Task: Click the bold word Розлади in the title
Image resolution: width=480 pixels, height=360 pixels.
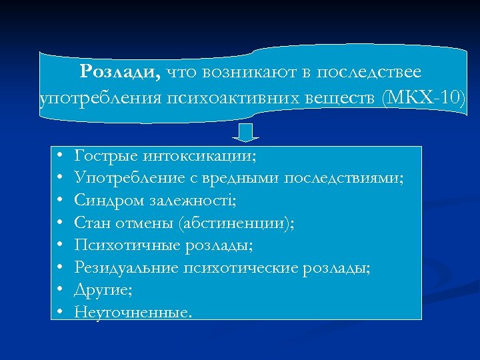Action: coord(119,71)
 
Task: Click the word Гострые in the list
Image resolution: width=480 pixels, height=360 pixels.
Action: coord(103,156)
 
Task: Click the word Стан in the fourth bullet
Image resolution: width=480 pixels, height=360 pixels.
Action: coord(91,223)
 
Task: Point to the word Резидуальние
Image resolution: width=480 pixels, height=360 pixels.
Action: coord(126,267)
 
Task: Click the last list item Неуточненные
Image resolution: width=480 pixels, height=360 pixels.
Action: coord(133,311)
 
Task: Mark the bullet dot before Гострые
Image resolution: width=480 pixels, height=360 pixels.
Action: coord(60,156)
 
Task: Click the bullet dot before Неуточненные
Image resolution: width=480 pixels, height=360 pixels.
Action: coord(60,311)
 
